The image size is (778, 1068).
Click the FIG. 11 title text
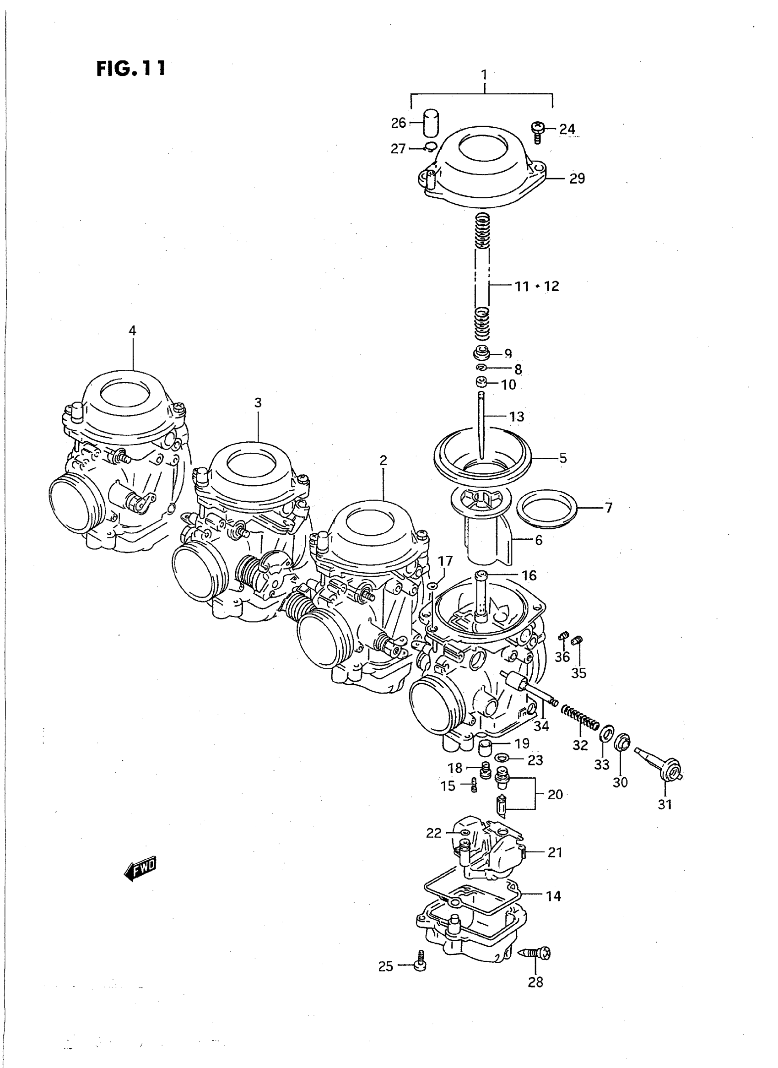click(x=131, y=69)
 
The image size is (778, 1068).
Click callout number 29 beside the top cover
click(x=577, y=179)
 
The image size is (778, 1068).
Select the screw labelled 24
click(x=537, y=131)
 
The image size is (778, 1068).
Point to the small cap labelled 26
click(x=429, y=123)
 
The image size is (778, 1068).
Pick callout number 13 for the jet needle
click(x=516, y=417)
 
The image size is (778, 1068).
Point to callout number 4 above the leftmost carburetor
click(x=132, y=330)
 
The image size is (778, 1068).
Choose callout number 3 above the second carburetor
click(x=258, y=403)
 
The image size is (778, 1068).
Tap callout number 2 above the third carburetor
click(x=384, y=460)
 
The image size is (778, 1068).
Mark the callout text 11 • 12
click(x=537, y=286)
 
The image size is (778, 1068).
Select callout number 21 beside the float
click(x=555, y=852)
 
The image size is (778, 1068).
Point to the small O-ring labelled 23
click(x=502, y=758)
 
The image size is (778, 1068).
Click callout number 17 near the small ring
click(x=445, y=561)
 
